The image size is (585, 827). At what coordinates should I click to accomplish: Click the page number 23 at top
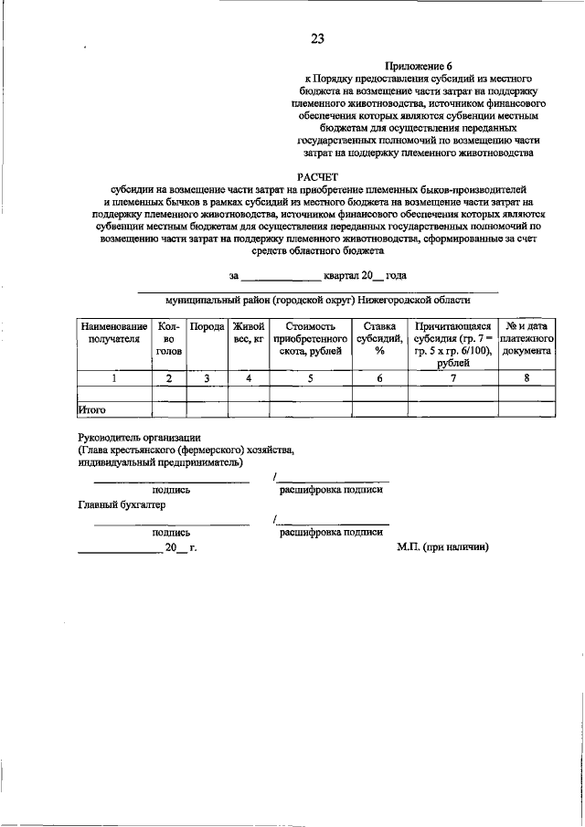click(317, 37)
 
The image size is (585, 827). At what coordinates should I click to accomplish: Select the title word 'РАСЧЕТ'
click(316, 176)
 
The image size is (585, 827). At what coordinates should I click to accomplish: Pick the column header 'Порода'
click(207, 326)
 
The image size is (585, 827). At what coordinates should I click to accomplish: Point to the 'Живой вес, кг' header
click(248, 332)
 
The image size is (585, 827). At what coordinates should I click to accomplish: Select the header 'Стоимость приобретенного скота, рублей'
click(310, 337)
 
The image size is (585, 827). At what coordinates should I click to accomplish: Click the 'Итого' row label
click(93, 410)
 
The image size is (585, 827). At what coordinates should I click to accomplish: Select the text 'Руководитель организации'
click(139, 438)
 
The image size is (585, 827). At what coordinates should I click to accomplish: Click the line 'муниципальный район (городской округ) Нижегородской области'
click(318, 299)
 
